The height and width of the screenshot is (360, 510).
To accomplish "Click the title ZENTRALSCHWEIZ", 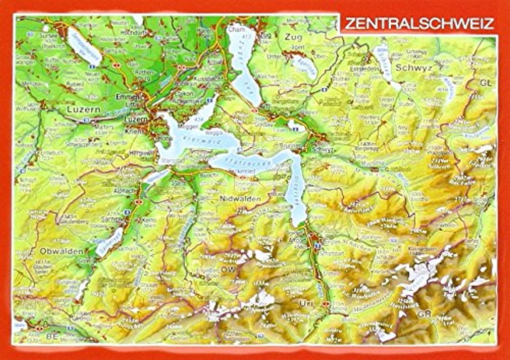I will pyautogui.click(x=419, y=23).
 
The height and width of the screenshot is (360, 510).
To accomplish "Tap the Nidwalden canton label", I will pyautogui.click(x=241, y=198).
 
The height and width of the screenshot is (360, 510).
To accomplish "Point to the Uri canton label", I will pyautogui.click(x=306, y=304).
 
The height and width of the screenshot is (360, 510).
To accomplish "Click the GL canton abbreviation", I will pyautogui.click(x=485, y=83).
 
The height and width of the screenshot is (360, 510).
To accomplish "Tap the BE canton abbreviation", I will pyautogui.click(x=52, y=336).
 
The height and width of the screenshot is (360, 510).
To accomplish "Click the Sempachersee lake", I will pyautogui.click(x=85, y=45).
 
